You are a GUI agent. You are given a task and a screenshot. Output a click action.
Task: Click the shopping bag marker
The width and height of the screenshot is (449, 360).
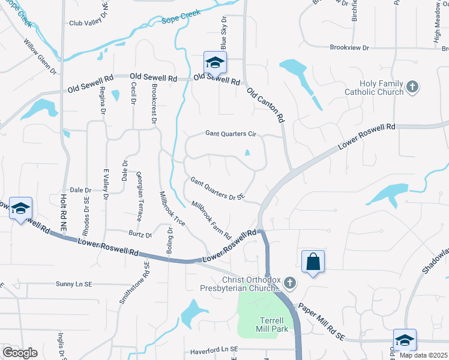tap(313, 262)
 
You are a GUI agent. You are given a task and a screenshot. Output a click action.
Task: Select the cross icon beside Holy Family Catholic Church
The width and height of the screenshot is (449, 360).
tap(412, 88)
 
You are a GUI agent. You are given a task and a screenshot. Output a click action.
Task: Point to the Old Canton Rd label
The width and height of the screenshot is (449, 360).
tap(265, 104)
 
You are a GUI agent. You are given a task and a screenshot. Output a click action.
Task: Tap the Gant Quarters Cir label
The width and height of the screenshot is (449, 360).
tap(231, 134)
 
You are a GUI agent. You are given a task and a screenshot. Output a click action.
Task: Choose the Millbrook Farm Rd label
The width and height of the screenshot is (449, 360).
tap(211, 220)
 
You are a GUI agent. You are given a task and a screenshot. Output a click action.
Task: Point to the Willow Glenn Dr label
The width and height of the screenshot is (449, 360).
tap(40, 57)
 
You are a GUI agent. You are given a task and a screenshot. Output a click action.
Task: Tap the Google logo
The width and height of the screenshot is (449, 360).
tap(20, 353)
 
